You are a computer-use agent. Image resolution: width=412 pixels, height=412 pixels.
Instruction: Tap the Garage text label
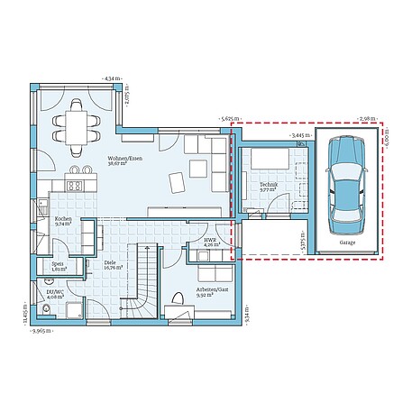pyautogui.click(x=346, y=243)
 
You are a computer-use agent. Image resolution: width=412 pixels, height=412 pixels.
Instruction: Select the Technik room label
pyautogui.click(x=268, y=188)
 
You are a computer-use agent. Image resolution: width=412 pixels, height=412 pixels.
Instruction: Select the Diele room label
pyautogui.click(x=113, y=265)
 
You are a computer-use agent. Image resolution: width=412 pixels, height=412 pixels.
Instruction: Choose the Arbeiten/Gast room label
pyautogui.click(x=212, y=291)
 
